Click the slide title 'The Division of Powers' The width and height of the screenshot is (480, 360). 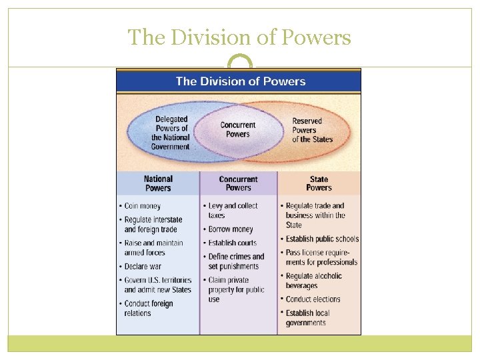click(239, 38)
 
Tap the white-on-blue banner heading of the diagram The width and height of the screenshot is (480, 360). click(240, 81)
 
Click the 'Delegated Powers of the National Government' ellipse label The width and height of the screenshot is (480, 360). click(171, 133)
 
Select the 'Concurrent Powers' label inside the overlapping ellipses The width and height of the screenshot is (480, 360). click(238, 129)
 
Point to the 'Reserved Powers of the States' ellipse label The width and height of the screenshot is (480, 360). click(312, 130)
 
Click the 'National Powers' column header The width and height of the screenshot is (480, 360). click(158, 183)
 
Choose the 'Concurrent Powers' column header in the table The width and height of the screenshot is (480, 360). click(238, 183)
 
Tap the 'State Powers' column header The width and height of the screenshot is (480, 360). click(319, 183)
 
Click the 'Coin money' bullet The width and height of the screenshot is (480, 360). click(142, 206)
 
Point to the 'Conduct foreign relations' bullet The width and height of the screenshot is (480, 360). click(148, 308)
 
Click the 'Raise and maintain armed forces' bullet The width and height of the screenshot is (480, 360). click(153, 248)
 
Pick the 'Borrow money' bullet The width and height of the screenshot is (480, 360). click(230, 229)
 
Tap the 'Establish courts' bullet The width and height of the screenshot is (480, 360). click(232, 243)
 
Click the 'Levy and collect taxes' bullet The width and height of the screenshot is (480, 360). click(233, 211)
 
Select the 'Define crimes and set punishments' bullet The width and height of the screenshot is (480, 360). click(236, 261)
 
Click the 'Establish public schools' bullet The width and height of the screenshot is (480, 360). click(322, 239)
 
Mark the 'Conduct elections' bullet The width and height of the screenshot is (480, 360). click(313, 299)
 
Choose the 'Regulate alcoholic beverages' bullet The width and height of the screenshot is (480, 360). click(313, 281)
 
